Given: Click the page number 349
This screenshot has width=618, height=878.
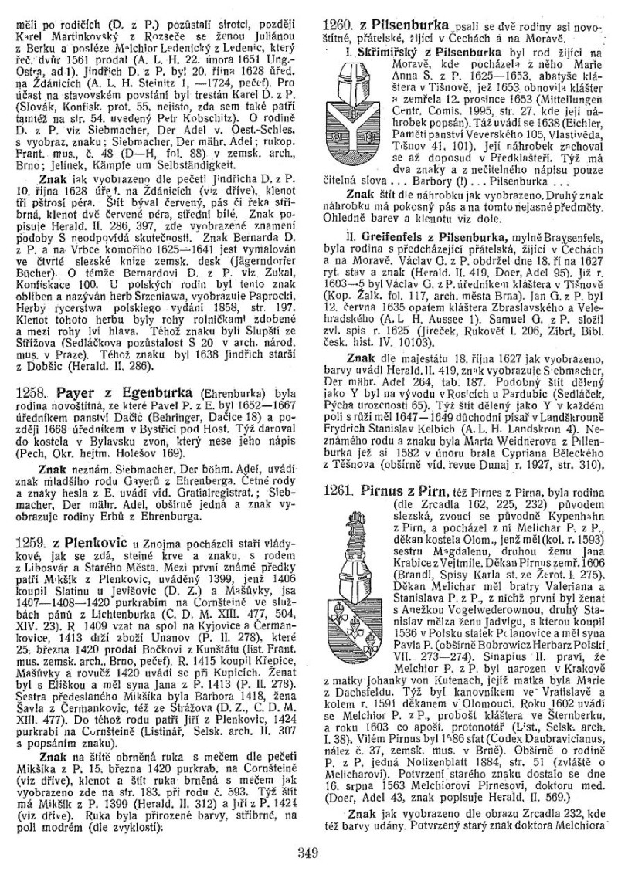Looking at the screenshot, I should click(x=308, y=853).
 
